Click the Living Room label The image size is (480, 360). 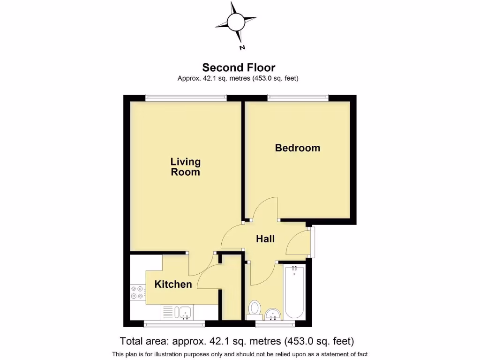pyautogui.click(x=185, y=167)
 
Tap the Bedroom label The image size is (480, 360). pyautogui.click(x=297, y=148)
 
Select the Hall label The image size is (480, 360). pyautogui.click(x=265, y=239)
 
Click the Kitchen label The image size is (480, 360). pyautogui.click(x=173, y=284)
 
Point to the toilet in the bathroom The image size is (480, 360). pyautogui.click(x=255, y=308)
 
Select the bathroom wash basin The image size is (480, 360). pyautogui.click(x=273, y=314)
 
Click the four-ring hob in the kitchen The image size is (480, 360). pyautogui.click(x=137, y=292)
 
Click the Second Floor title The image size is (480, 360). pyautogui.click(x=239, y=67)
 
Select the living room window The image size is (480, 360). pyautogui.click(x=186, y=97)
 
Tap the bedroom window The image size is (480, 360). pyautogui.click(x=298, y=97)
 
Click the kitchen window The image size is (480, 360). pyautogui.click(x=174, y=323)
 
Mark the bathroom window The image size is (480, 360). pyautogui.click(x=275, y=323)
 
